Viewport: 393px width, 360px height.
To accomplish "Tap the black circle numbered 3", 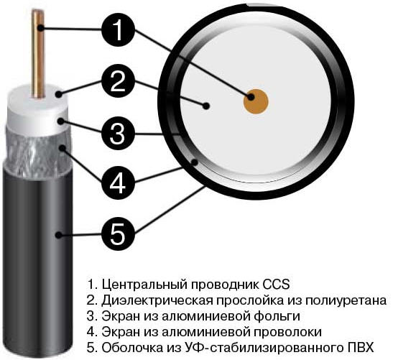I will point(122,132).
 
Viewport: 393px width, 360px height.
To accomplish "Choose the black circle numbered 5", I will point(123,232).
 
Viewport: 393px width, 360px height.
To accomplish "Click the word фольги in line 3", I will point(277,315).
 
